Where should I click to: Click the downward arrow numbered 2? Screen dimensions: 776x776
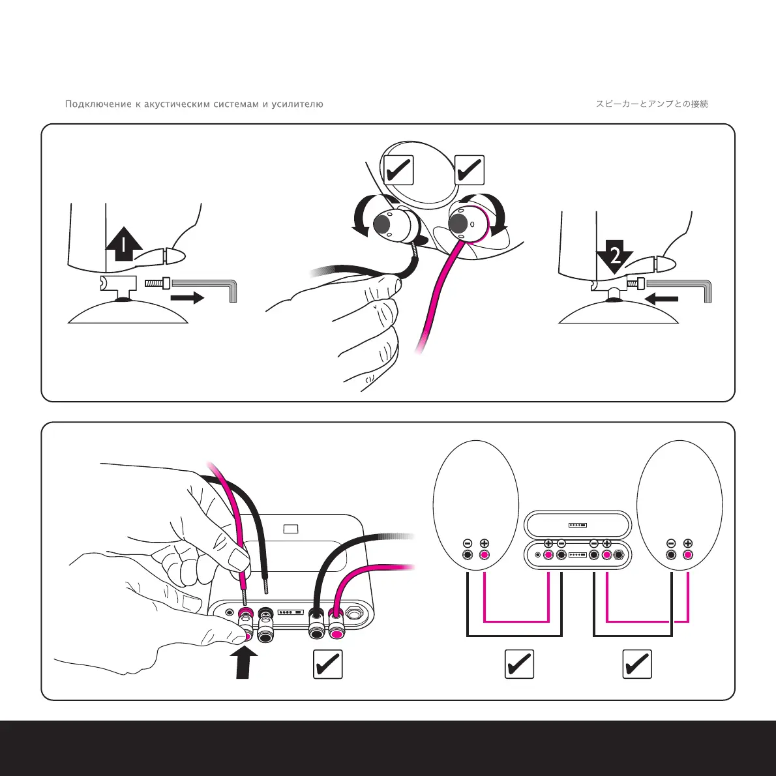click(614, 256)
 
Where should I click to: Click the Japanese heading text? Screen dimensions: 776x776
click(651, 104)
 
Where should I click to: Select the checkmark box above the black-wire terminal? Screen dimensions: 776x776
click(398, 170)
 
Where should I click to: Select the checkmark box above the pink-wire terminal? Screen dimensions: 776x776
click(469, 170)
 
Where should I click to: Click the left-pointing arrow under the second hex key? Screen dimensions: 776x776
click(661, 299)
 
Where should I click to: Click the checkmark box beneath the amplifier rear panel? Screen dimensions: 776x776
click(327, 664)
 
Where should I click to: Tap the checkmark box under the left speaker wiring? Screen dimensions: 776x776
click(520, 664)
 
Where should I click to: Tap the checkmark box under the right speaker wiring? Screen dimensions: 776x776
click(637, 664)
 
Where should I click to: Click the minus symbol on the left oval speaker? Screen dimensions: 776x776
click(468, 543)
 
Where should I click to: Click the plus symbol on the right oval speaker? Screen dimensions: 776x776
click(688, 543)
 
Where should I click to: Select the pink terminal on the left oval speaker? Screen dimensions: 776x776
click(485, 556)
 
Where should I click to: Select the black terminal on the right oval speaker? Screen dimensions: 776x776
click(671, 556)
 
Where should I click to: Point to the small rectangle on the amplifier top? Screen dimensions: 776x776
click(291, 529)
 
